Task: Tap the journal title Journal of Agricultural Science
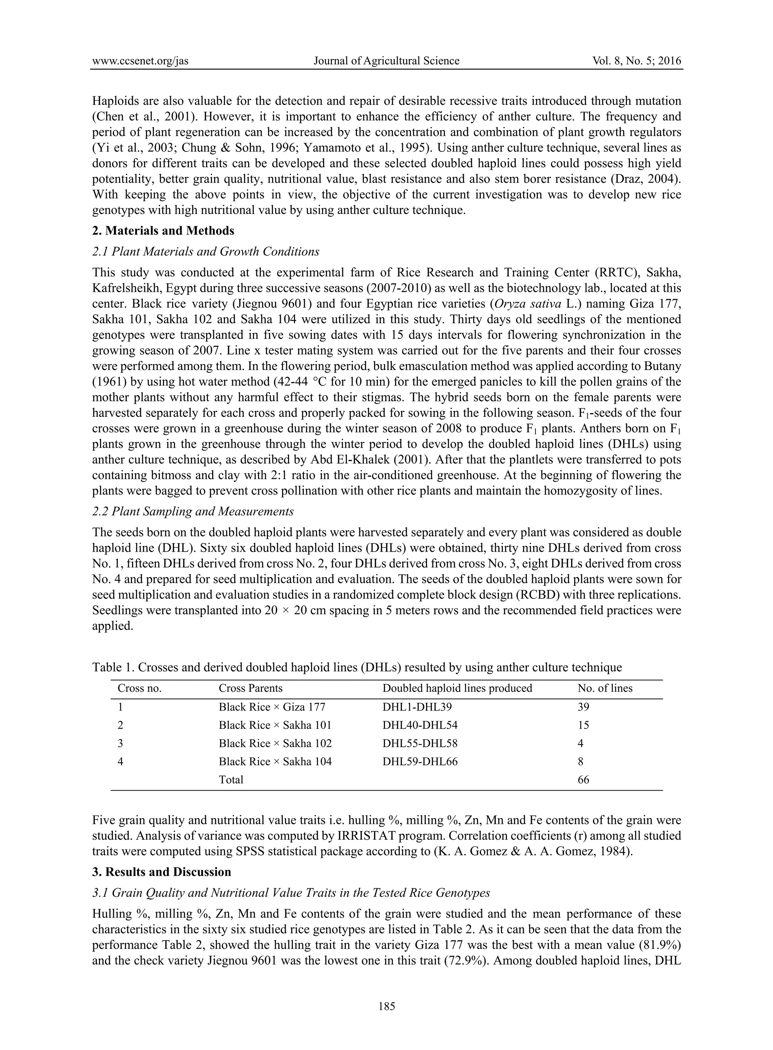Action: (386, 61)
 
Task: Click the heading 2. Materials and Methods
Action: (163, 231)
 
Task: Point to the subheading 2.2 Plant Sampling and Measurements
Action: (193, 511)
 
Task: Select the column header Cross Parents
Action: (250, 688)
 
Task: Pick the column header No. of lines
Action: (605, 688)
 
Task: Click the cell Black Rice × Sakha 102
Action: (275, 743)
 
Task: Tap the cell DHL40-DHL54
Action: (420, 725)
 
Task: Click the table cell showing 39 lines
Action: (584, 707)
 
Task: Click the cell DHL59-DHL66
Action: (420, 762)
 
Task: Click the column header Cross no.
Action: (139, 688)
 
